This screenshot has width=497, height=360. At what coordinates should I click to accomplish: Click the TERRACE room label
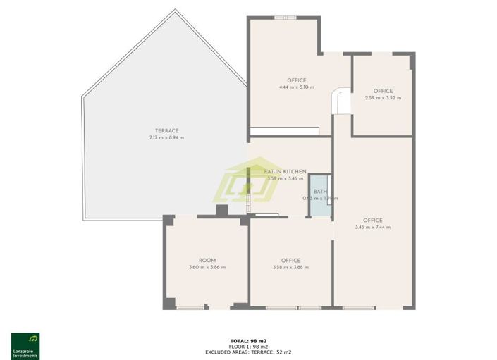tap(167, 130)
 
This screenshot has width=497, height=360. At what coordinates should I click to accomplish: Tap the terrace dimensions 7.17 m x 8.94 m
tap(166, 137)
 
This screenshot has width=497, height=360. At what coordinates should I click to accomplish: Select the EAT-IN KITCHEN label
tap(285, 172)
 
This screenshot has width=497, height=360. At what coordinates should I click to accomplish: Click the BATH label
tap(320, 192)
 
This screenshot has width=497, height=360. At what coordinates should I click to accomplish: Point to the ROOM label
tap(207, 261)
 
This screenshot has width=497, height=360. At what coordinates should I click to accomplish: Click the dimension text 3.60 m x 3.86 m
tap(207, 268)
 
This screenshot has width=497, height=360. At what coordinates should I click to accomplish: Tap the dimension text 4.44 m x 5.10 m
tap(297, 87)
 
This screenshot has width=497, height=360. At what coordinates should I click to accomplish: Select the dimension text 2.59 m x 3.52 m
tap(383, 98)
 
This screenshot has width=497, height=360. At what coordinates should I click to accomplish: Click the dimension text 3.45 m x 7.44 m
tap(373, 227)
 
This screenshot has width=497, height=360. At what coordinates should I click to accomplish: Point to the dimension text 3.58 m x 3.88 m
tap(290, 268)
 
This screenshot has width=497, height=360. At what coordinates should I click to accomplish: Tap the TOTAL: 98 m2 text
tap(248, 341)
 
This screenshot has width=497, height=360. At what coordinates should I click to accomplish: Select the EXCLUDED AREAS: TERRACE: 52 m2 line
tap(248, 352)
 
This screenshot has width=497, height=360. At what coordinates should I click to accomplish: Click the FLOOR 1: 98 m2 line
tap(248, 347)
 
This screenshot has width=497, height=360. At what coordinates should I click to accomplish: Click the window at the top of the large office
tap(285, 18)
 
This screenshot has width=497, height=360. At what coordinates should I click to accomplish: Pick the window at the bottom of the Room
tap(191, 308)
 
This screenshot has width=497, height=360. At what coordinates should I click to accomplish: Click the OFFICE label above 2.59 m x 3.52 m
tap(383, 91)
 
